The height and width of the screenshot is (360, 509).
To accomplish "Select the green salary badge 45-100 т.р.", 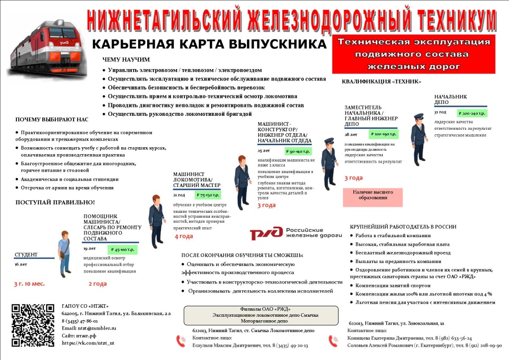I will point(123,250).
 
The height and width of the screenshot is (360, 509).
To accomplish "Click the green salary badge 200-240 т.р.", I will point(472,113).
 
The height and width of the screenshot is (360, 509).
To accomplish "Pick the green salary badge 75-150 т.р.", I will point(208,195).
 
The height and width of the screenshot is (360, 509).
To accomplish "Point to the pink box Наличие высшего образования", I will point(373,194).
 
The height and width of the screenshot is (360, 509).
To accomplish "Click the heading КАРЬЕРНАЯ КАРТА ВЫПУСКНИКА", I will point(209,44).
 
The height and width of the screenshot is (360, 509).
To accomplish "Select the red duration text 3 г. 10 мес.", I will point(29,284).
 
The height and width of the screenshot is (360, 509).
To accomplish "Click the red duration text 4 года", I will point(183,236).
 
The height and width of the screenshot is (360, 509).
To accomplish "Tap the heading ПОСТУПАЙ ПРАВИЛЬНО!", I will point(55,202).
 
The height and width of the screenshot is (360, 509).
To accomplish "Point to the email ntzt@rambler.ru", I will point(88,328).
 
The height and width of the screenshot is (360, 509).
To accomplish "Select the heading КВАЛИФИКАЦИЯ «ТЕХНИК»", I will point(381,82).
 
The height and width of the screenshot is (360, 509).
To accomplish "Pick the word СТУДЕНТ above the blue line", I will point(26,255).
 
